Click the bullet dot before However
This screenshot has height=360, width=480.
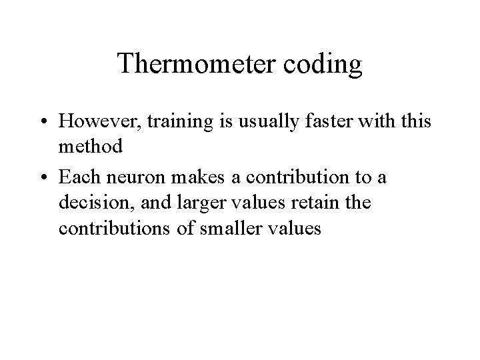coord(43,123)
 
